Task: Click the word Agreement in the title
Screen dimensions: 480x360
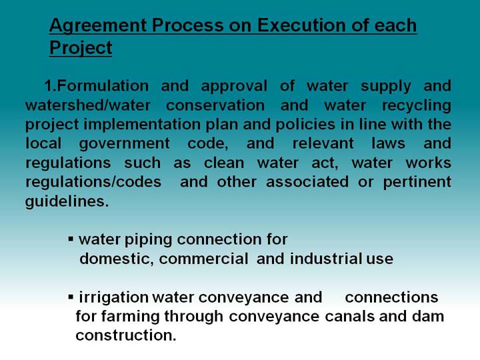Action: (x=97, y=26)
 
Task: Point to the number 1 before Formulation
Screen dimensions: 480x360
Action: (x=49, y=86)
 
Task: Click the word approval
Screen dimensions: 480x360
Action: (x=234, y=87)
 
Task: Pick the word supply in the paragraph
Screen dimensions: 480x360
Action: (x=386, y=87)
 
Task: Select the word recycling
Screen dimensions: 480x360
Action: (x=416, y=106)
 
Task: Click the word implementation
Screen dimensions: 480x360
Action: (x=143, y=125)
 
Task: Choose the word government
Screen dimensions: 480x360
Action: (x=124, y=144)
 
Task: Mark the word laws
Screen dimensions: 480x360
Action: (x=388, y=143)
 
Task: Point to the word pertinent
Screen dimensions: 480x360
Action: (x=417, y=183)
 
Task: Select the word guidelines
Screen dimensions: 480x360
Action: (x=67, y=202)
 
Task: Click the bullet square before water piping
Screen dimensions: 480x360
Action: (x=71, y=238)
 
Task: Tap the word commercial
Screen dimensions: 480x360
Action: (x=203, y=259)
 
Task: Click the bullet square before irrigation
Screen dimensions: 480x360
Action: (x=71, y=296)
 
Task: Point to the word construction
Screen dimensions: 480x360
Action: (x=126, y=336)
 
